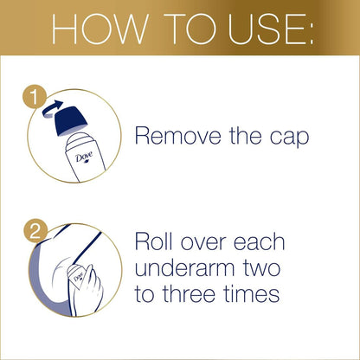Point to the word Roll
click(x=155, y=241)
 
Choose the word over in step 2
click(x=209, y=241)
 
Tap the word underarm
click(x=190, y=268)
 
